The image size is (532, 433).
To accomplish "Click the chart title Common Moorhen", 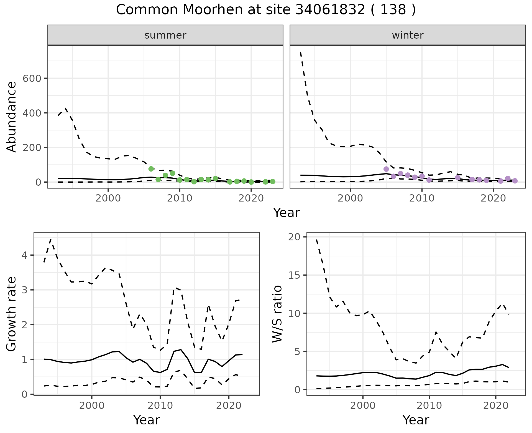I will pos(265,10).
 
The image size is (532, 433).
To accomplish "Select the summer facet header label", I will pos(165,35).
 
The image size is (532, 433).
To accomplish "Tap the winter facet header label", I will pos(408,35).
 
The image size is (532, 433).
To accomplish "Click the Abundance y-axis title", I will pos(12,117).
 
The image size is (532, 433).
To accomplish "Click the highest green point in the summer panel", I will pos(151,169).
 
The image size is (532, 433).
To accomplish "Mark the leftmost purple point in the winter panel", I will pos(386,169).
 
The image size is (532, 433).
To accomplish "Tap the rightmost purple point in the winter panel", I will pos(515,181).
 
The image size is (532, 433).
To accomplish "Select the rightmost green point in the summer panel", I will pos(273,182).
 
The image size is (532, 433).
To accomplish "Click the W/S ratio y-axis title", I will pos(277,314).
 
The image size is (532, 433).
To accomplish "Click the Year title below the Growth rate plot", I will pos(147,420).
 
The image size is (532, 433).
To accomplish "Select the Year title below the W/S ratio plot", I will pos(416,420).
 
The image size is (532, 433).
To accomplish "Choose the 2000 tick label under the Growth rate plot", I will pos(92,406).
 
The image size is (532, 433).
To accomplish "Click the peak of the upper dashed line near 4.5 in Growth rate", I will pos(51,239).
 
